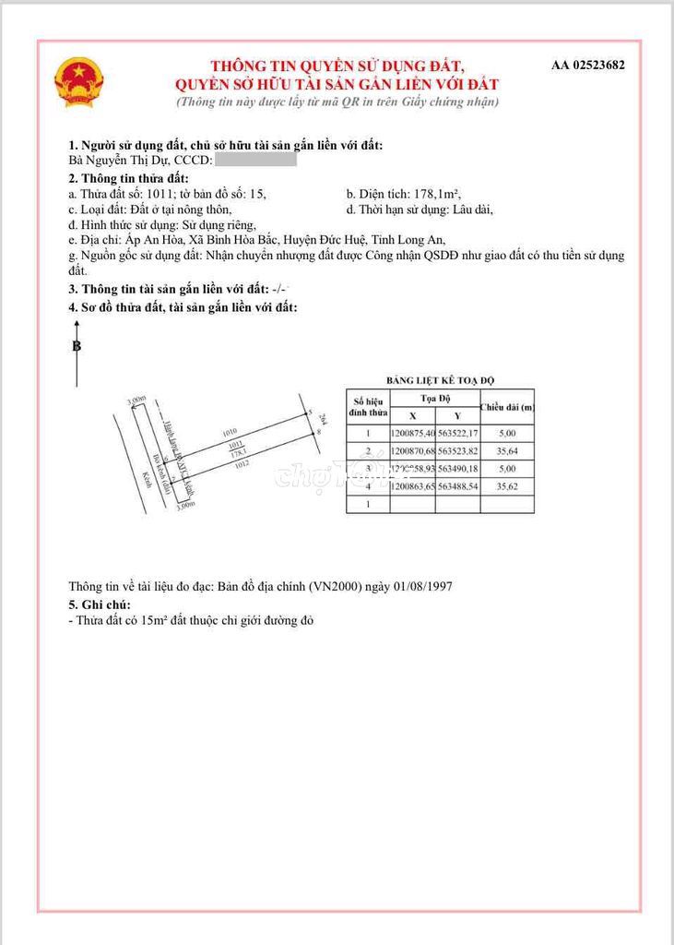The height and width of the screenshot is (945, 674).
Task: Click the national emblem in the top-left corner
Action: pyautogui.click(x=79, y=81)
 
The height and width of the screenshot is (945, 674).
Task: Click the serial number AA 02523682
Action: pyautogui.click(x=587, y=65)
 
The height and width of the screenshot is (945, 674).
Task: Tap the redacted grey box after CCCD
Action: pyautogui.click(x=255, y=161)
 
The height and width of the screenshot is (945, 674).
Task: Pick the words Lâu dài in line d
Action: pyautogui.click(x=473, y=209)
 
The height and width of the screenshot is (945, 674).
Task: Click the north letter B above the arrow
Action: pyautogui.click(x=77, y=346)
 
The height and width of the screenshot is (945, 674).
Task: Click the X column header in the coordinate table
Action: pyautogui.click(x=412, y=415)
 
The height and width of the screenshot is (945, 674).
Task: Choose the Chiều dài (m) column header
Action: pyautogui.click(x=507, y=407)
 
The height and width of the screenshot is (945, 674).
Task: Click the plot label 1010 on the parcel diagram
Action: pyautogui.click(x=230, y=432)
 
